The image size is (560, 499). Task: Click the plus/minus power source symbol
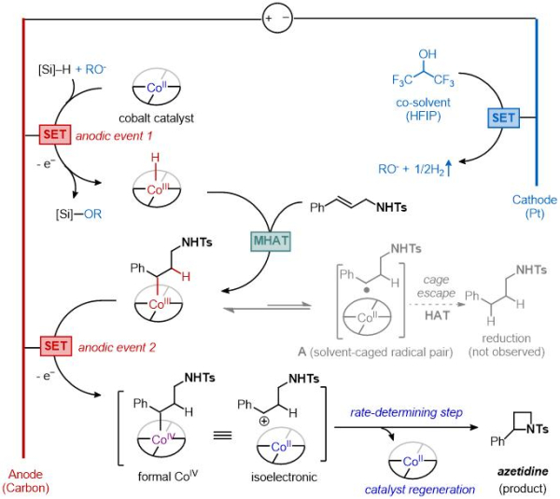[273, 16]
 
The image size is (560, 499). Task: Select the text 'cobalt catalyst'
[152, 116]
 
